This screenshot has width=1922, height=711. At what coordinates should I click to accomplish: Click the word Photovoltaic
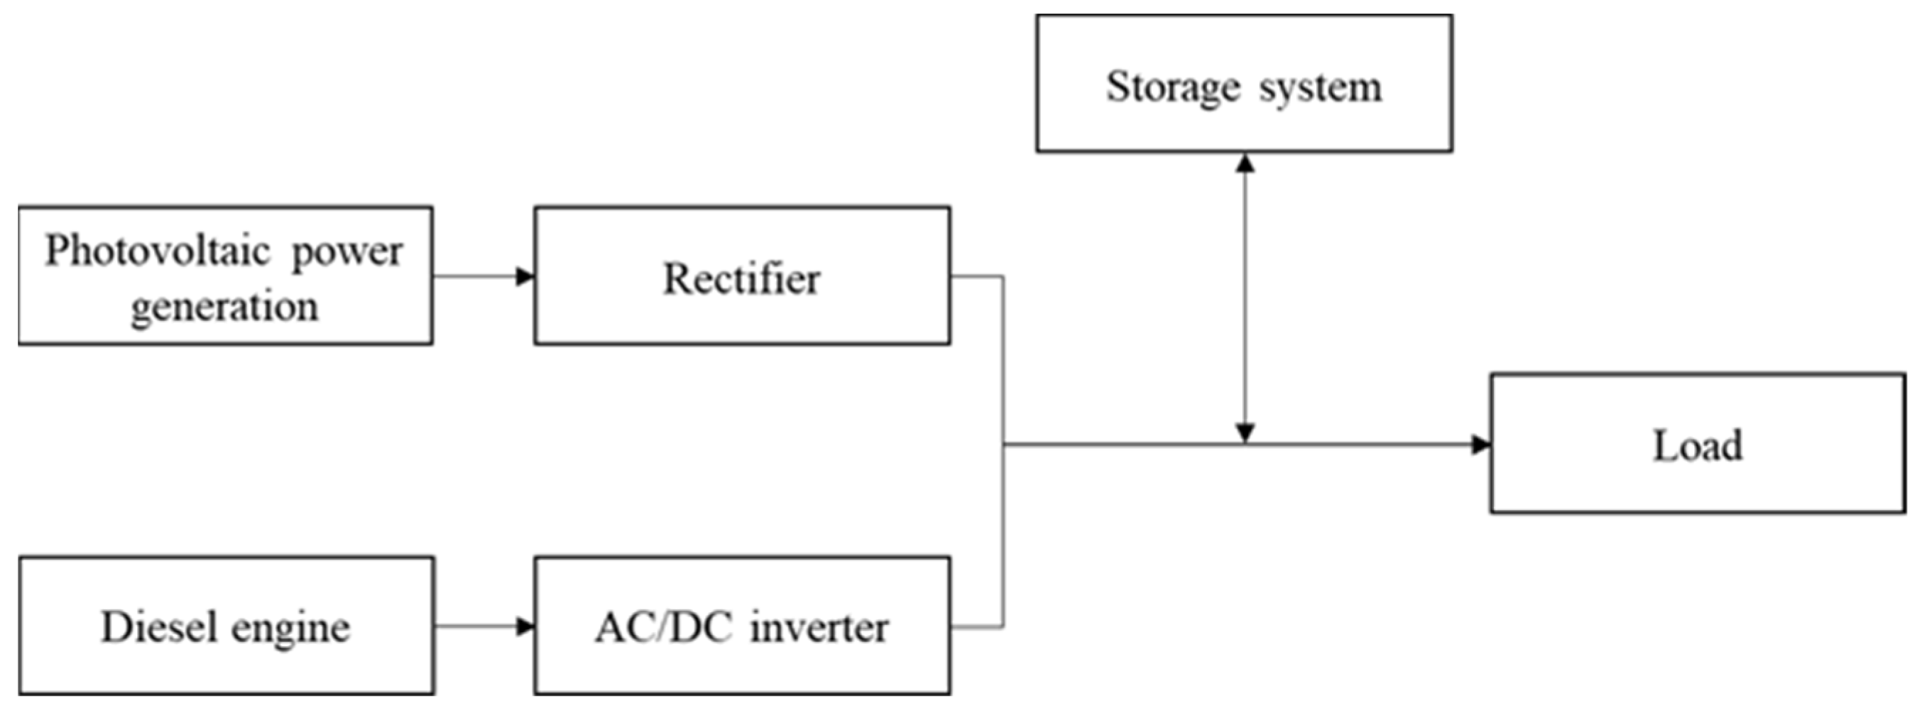(157, 251)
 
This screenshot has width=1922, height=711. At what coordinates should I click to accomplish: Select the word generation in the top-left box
(224, 307)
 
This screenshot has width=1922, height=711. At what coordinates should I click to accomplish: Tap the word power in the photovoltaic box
(347, 252)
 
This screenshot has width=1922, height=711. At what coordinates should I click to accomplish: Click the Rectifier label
(742, 279)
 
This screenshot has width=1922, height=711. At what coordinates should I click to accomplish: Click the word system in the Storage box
(1321, 88)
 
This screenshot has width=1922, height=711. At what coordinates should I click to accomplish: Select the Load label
(1698, 445)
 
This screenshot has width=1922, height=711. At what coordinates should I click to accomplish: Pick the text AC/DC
(663, 627)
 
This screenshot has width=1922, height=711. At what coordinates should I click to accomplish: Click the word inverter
(819, 627)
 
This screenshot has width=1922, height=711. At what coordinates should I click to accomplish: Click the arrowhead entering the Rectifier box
(526, 277)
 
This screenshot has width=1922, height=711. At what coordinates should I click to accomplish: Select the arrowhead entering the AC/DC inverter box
(526, 626)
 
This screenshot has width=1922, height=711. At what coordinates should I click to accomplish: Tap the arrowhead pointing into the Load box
(1481, 445)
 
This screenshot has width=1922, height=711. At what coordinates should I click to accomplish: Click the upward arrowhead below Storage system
(1245, 163)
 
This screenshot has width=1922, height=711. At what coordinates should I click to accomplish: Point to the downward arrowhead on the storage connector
(1245, 433)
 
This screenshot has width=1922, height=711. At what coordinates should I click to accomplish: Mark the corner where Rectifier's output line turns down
(1003, 277)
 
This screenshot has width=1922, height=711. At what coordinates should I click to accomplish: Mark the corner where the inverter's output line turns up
(1003, 626)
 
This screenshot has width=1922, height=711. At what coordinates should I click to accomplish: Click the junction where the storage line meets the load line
(1245, 445)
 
